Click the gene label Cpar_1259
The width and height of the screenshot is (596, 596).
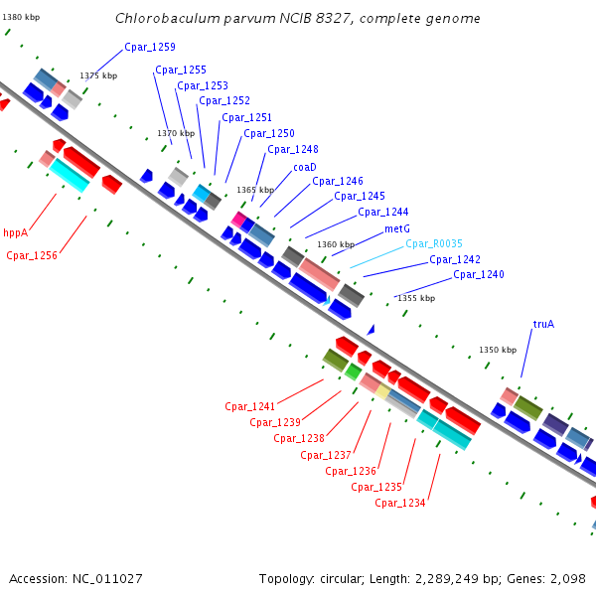click(x=150, y=47)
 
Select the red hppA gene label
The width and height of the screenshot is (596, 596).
click(x=16, y=232)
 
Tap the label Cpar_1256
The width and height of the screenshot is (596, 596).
click(x=32, y=255)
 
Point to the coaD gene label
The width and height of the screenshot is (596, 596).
click(x=304, y=167)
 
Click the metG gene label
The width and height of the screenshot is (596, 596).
click(x=397, y=228)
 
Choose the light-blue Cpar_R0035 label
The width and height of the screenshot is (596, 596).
click(x=434, y=243)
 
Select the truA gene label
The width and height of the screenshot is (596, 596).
click(x=543, y=324)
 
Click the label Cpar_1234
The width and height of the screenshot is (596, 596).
click(x=400, y=503)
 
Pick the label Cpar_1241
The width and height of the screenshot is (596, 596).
click(x=249, y=406)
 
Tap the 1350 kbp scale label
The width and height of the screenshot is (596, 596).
click(x=498, y=350)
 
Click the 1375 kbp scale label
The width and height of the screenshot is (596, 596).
click(x=98, y=75)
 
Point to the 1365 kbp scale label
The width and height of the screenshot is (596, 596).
click(x=254, y=190)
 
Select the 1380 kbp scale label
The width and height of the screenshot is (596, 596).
click(x=22, y=18)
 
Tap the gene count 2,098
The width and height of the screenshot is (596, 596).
click(x=567, y=578)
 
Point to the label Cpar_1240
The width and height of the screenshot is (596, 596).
click(x=479, y=274)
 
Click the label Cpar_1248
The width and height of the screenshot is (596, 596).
click(x=293, y=149)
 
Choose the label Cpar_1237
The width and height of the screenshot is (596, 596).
click(x=326, y=455)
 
